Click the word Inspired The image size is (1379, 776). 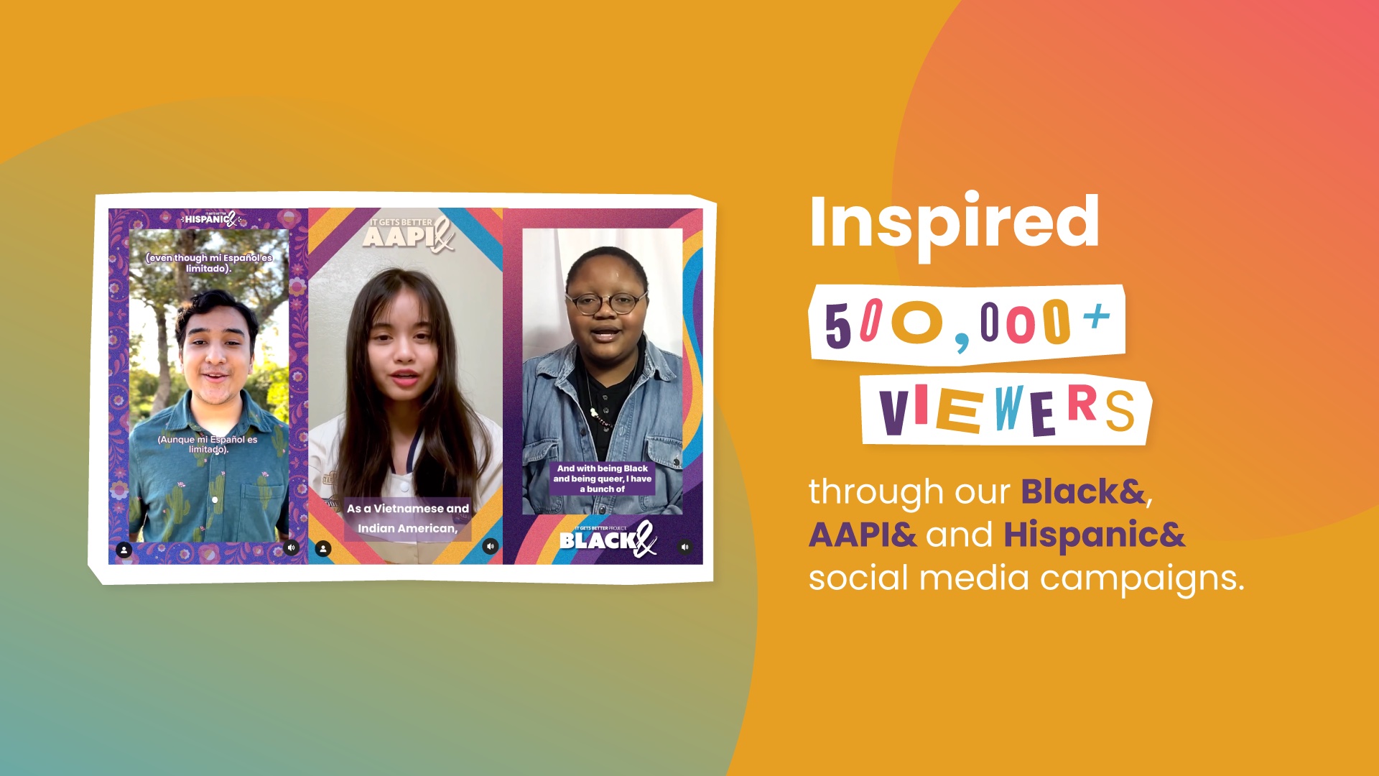click(954, 223)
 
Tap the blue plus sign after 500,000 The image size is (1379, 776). click(1096, 316)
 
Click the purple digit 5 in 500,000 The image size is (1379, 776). click(837, 325)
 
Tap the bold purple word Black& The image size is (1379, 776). click(1083, 491)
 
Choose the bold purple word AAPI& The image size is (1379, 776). click(863, 535)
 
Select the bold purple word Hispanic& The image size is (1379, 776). click(1094, 535)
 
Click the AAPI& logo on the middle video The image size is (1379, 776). click(408, 234)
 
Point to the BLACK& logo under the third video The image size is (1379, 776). click(608, 539)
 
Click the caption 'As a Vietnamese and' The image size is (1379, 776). click(408, 508)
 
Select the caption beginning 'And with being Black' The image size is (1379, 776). click(603, 479)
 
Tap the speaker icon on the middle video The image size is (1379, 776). click(491, 547)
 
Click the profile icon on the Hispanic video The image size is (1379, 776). click(124, 550)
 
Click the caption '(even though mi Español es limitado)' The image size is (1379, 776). click(209, 263)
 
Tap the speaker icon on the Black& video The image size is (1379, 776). click(685, 548)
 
